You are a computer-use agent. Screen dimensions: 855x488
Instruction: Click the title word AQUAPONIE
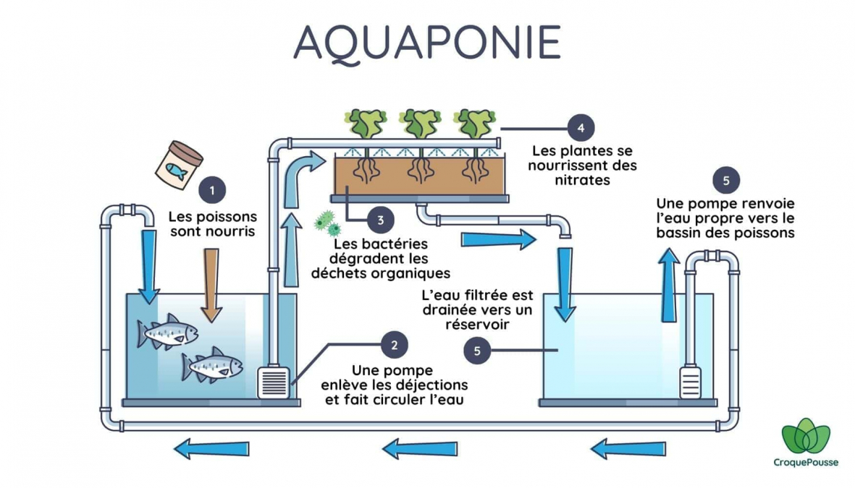point(427,43)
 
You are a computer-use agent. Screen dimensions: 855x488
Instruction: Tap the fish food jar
point(179,165)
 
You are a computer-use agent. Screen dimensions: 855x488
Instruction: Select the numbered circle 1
point(212,191)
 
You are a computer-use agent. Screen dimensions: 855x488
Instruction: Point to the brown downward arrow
point(211,286)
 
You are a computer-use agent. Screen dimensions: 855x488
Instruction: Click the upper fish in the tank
point(167,331)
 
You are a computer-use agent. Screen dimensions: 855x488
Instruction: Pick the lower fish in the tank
point(212,364)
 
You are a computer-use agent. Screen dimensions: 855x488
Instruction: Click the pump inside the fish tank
point(273,382)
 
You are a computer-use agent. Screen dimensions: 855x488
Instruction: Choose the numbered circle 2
point(395,345)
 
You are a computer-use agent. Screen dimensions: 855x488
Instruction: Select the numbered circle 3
point(381,220)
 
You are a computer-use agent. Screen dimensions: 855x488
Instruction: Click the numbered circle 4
point(581,128)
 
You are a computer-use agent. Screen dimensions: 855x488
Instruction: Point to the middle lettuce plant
point(420,123)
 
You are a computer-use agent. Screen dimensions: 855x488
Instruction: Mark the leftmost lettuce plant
point(366,123)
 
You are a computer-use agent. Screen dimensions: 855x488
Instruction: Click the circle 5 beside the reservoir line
point(477,351)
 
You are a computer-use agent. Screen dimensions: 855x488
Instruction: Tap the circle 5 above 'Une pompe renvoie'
point(726,181)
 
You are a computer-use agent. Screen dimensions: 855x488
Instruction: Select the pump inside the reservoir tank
point(691,382)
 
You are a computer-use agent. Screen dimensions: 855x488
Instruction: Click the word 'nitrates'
point(582,180)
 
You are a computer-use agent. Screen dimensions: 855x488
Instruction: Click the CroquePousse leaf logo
point(806,436)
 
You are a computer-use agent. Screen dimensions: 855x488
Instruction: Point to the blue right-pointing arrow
point(499,239)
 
